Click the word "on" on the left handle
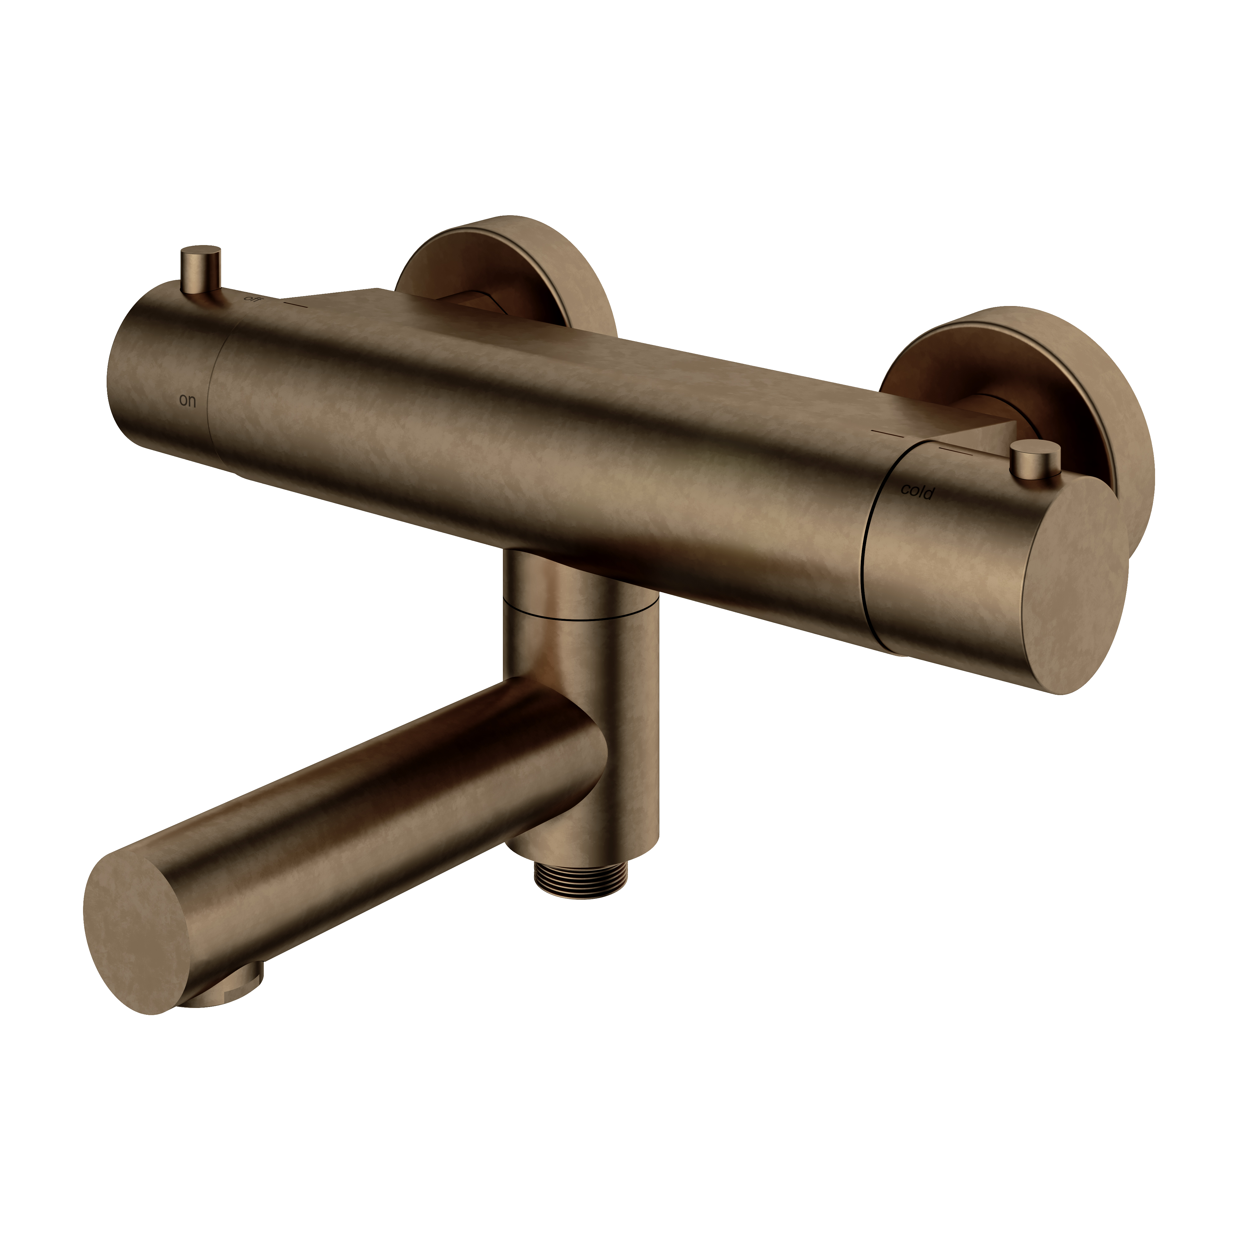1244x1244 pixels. click(187, 401)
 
